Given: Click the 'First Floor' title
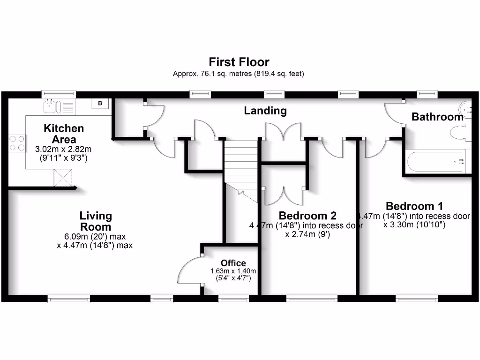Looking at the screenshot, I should tap(239, 62).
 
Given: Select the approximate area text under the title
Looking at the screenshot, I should tap(239, 74).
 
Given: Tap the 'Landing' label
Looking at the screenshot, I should tap(265, 111).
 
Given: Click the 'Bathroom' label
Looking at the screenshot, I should tap(437, 117).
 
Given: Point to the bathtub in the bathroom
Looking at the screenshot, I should tap(435, 162).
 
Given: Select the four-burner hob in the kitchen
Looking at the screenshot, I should tap(17, 143).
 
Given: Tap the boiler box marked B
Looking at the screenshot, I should tap(100, 103).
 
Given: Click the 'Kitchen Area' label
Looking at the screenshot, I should tap(64, 134).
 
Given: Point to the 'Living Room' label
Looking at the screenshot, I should tap(96, 221).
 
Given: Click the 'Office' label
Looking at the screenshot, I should tap(233, 263).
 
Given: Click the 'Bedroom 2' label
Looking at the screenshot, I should tap(307, 216).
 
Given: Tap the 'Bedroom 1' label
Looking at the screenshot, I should tap(414, 206).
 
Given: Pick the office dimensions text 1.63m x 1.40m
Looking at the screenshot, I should tap(233, 271).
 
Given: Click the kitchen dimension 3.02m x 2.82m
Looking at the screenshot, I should tap(64, 149).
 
